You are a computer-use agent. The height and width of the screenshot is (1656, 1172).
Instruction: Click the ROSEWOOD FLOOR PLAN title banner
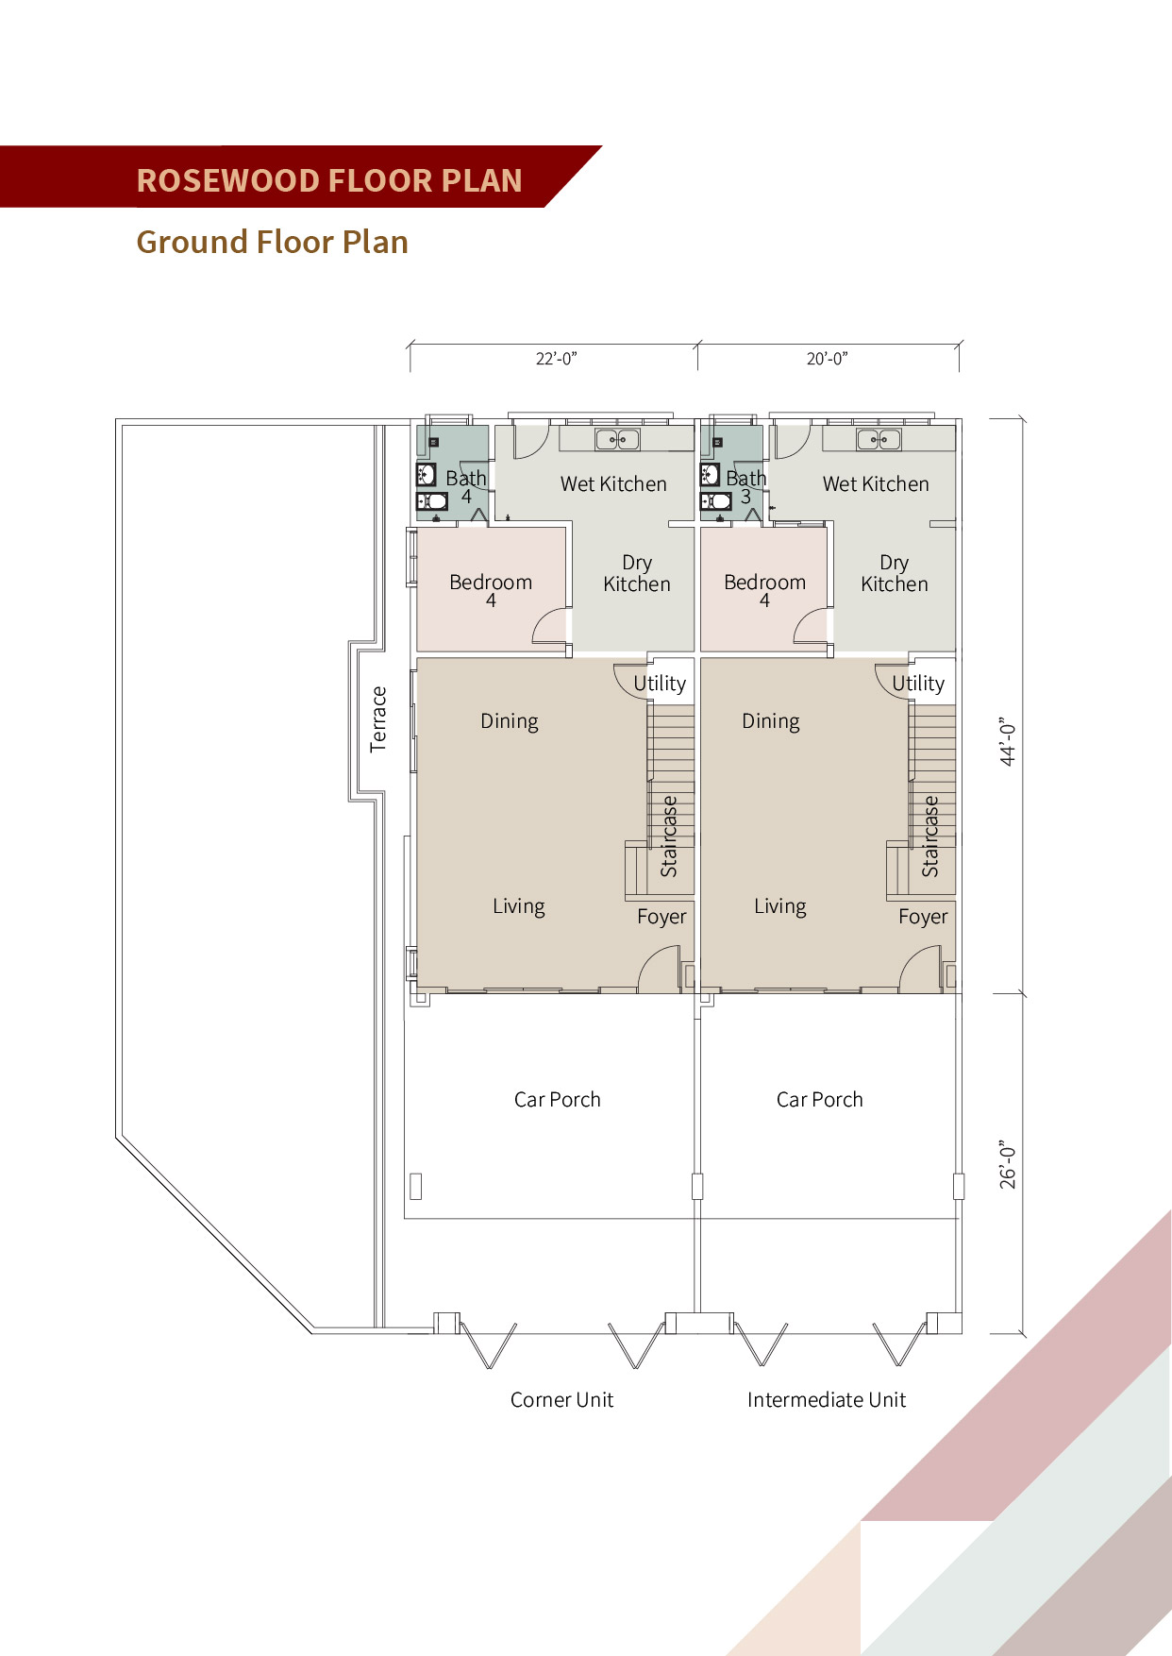pos(300,177)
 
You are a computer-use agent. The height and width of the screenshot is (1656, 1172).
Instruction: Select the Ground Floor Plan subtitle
pos(272,243)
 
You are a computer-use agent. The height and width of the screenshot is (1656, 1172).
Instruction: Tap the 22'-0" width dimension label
pos(556,359)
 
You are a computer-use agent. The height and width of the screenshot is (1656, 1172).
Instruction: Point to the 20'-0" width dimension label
pos(827,359)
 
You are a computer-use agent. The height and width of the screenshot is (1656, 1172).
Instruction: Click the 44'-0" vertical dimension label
pos(1008,742)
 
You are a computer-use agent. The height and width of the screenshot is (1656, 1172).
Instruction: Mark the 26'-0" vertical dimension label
pos(1008,1164)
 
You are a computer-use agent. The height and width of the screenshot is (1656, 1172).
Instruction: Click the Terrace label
pos(378,719)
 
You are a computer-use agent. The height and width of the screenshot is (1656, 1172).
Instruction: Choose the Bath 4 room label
pos(466,487)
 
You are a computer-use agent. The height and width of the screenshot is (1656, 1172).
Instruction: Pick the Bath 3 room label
pos(745,487)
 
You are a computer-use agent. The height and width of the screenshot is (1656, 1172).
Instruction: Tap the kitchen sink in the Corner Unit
pos(617,439)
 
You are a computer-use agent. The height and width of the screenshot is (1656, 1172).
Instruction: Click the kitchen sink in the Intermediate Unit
pos(879,439)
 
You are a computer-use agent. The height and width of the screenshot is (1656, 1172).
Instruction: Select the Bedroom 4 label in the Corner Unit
pos(491,590)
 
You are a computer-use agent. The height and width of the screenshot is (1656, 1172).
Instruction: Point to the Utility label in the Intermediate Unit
pos(918,684)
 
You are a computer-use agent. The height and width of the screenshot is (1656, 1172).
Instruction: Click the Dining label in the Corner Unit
pos(510,722)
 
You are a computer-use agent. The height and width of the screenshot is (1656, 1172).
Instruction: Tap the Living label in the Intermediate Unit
pos(780,907)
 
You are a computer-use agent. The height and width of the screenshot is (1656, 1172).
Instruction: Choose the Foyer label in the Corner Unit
pos(661,918)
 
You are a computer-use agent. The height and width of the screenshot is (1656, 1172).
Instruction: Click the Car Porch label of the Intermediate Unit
pos(820,1100)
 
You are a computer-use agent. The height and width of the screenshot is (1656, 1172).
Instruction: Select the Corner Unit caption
pos(561,1400)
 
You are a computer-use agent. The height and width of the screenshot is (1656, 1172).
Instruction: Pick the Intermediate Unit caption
pos(827,1400)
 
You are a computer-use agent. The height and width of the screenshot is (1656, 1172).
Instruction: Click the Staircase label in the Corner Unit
pos(669,836)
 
